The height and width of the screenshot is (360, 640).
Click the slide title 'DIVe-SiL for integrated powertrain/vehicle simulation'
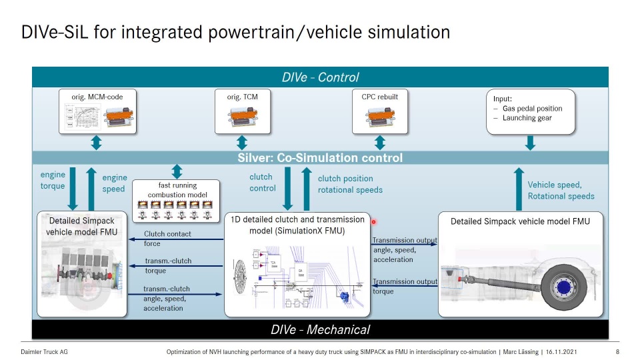[235, 32]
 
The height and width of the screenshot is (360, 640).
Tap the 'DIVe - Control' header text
[320, 77]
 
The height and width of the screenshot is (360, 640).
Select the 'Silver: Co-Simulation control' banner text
[320, 158]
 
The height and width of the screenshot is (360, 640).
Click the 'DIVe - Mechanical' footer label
[320, 329]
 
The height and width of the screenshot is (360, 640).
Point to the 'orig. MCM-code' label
[97, 97]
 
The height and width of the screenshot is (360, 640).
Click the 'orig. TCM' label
[242, 97]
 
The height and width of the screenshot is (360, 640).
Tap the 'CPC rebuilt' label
[379, 97]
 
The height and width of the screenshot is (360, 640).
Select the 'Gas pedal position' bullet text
[532, 109]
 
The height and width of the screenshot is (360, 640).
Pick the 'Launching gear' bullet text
[527, 118]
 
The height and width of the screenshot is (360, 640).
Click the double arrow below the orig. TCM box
[242, 142]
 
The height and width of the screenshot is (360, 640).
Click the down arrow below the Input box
[531, 142]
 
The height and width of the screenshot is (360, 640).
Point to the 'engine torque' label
[53, 181]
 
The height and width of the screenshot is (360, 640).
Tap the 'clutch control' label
[262, 182]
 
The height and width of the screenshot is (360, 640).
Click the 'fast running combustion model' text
[177, 190]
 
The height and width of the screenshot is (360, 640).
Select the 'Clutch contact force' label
[167, 239]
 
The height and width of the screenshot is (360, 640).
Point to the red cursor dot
[374, 222]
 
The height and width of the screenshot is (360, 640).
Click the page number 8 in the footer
[617, 351]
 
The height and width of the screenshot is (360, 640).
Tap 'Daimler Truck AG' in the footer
[44, 351]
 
